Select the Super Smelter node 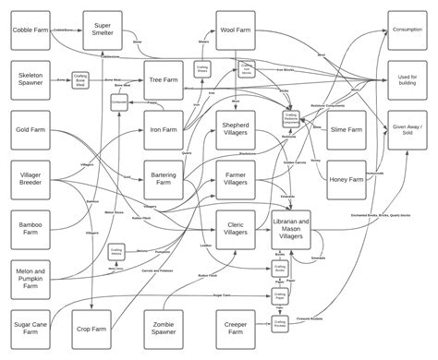click(103, 30)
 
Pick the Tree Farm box click(164, 81)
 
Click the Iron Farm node click(164, 130)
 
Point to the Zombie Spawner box click(164, 329)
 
